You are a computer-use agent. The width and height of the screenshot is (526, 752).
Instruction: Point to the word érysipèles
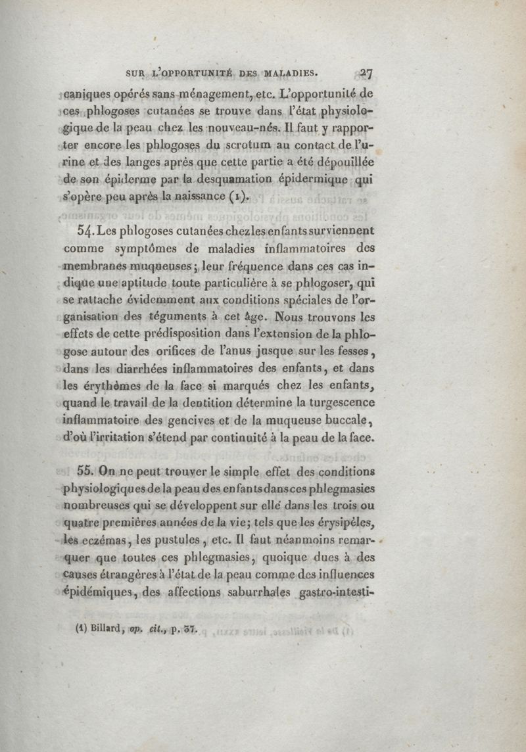coord(346,523)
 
